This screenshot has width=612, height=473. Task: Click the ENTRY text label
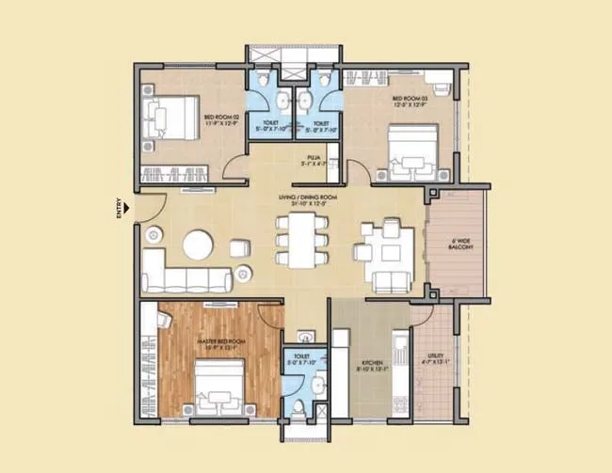[x=118, y=207]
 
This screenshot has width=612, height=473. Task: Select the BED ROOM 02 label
[x=223, y=117]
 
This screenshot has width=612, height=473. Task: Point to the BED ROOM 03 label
[x=411, y=97]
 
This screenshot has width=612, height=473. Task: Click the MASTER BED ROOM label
[x=221, y=340]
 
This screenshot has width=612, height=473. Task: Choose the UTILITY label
[x=435, y=355]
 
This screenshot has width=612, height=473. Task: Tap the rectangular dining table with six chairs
[x=301, y=240]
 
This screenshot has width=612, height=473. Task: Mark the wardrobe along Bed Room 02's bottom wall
[x=179, y=172]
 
